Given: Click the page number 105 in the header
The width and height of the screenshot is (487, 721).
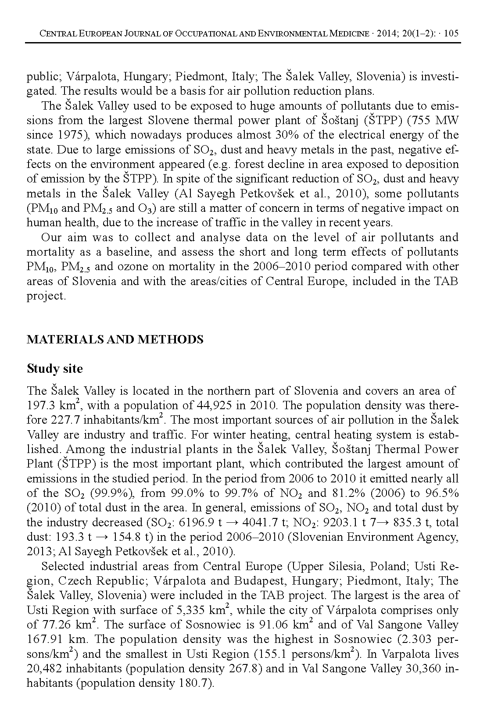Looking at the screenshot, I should [451, 33].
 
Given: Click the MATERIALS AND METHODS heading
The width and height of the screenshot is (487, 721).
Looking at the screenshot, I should [115, 339].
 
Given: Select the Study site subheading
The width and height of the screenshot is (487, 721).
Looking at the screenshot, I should [54, 368].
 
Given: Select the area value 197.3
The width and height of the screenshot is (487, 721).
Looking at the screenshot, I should [40, 405].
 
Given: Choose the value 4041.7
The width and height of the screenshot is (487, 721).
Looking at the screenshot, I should [259, 522].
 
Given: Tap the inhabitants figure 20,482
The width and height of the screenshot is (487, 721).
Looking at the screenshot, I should [43, 668].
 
